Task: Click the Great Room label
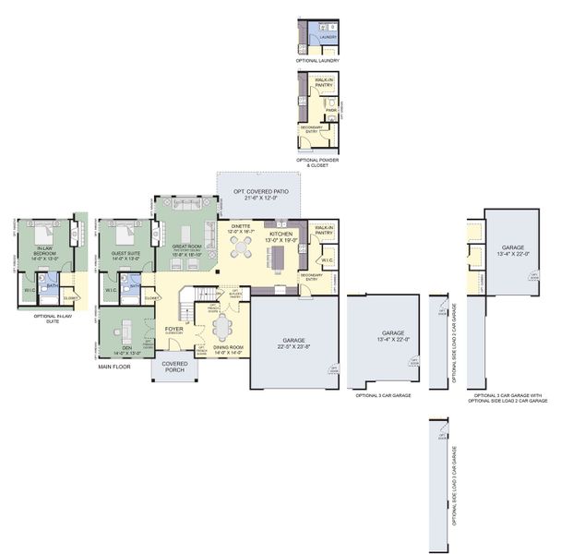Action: [186, 247]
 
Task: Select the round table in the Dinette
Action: [241, 247]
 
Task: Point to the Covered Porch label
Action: [175, 367]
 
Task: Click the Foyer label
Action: [174, 329]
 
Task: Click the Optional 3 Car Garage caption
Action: [383, 395]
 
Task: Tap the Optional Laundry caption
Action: [316, 61]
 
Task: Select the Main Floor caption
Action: [114, 367]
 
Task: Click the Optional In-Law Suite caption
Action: [53, 319]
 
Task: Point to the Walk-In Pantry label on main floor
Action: [324, 231]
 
